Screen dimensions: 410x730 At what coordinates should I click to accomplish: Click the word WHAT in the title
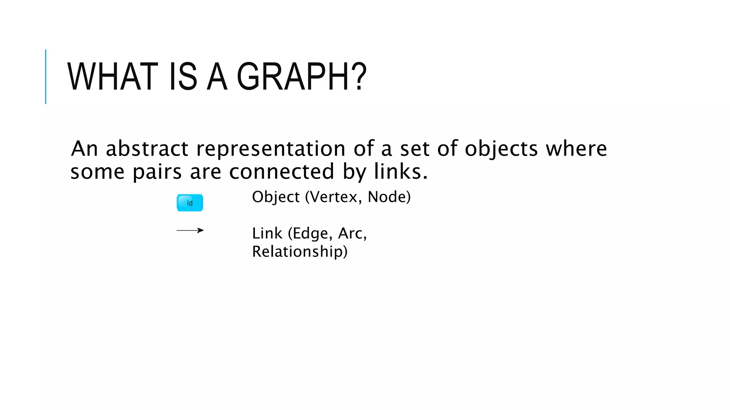113,77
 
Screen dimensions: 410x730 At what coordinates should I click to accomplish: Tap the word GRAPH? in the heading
302,77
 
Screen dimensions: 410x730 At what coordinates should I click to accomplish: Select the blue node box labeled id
190,203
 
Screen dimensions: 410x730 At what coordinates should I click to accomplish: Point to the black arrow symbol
190,231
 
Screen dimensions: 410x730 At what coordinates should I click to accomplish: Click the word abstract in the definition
147,148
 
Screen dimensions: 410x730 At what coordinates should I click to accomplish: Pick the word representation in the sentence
271,148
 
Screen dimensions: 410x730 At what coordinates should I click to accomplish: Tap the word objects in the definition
501,149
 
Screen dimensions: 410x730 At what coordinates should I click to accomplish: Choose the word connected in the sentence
282,172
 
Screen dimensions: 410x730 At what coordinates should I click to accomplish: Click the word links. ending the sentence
401,172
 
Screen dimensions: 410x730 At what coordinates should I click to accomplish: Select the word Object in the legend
276,197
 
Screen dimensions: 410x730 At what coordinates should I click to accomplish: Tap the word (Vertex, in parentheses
334,197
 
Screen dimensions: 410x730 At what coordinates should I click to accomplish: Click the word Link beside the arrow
267,233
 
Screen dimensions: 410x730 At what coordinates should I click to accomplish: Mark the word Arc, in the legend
352,233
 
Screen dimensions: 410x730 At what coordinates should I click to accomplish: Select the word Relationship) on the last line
300,252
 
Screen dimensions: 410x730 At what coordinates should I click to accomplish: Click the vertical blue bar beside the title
46,77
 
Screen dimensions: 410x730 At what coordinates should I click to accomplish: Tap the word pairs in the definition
157,172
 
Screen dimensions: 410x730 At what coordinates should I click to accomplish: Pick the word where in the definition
576,148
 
